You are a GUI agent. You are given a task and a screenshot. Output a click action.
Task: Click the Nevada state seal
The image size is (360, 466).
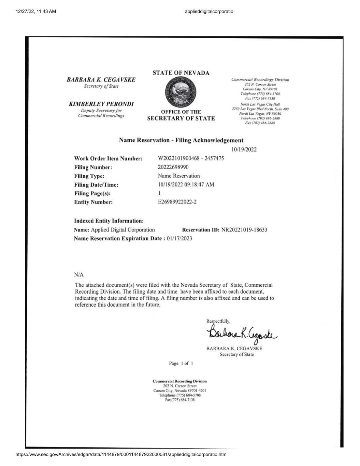pyautogui.click(x=181, y=93)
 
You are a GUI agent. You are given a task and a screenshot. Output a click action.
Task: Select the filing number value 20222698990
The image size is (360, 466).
pyautogui.click(x=173, y=167)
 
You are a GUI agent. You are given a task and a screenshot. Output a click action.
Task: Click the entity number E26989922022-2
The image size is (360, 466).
pyautogui.click(x=177, y=202)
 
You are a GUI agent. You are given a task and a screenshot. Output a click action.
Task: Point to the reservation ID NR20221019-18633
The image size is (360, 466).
pyautogui.click(x=244, y=230)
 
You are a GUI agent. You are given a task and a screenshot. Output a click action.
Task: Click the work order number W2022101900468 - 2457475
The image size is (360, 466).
pyautogui.click(x=191, y=158)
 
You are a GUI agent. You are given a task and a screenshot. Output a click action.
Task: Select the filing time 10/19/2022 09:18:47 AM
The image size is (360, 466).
pyautogui.click(x=186, y=185)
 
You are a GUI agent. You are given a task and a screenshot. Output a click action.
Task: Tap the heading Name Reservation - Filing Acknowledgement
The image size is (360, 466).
pyautogui.click(x=181, y=140)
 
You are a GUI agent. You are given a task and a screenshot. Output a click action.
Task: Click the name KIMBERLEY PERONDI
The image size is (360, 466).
pyautogui.click(x=101, y=104)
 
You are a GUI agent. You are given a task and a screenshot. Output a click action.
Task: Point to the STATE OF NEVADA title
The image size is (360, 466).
pyautogui.click(x=181, y=73)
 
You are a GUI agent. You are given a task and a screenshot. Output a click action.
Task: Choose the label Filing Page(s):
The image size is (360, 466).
pyautogui.click(x=92, y=193)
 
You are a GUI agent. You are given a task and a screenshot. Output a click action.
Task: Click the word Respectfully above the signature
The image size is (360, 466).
pyautogui.click(x=218, y=321)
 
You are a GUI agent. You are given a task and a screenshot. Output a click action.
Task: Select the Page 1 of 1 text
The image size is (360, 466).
pyautogui.click(x=181, y=363)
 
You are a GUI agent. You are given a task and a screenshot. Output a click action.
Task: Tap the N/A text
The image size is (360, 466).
pyautogui.click(x=79, y=275)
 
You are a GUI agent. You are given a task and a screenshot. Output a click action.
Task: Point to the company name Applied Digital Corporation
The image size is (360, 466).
pyautogui.click(x=123, y=230)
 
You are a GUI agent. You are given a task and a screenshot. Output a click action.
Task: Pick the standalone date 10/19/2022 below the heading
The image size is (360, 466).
pyautogui.click(x=244, y=150)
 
